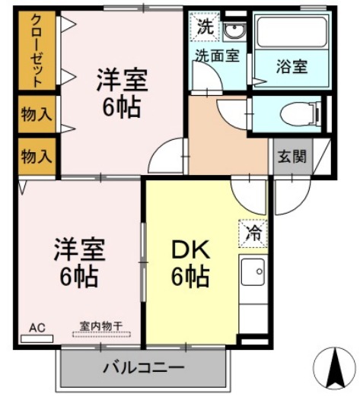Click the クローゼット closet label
pos(37,50)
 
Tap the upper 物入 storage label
pos(37,114)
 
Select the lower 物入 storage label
pos(37,157)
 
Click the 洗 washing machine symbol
pos(205,26)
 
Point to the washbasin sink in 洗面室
pos(234,32)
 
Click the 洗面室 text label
pos(217,56)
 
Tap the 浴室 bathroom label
pos(292,66)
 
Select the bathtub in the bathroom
pos(292,31)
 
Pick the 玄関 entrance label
pos(292,157)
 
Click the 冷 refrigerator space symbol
pos(253,233)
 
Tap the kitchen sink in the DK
pos(253,272)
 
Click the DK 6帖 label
pos(191,264)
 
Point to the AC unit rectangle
pos(37,339)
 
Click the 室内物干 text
pos(101,326)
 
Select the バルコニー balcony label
pos(143,367)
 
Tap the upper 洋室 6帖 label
pos(122,93)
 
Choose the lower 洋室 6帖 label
pos(79,262)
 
